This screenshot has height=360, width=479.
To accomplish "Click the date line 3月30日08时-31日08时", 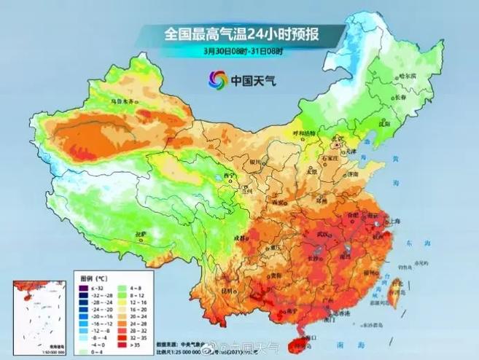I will (243, 51).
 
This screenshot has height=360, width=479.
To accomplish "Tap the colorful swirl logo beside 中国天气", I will (217, 79).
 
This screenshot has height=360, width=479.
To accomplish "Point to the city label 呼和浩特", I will (305, 133).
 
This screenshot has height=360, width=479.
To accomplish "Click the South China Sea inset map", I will (35, 313).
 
